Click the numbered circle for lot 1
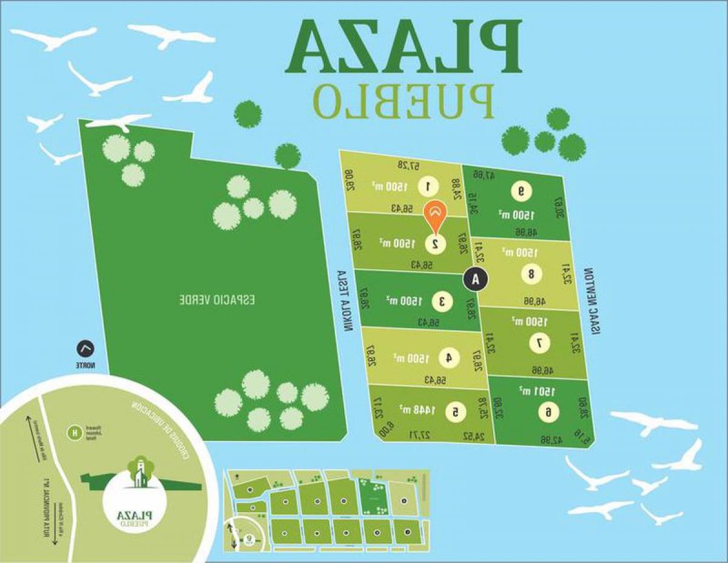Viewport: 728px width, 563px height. point(428,186)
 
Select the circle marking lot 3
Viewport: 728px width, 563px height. point(441,300)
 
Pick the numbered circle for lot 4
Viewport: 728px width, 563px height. point(448,358)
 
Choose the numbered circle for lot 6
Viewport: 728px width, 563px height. point(548,413)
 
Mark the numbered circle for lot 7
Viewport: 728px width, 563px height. point(539,343)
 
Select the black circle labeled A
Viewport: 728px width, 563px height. point(475,279)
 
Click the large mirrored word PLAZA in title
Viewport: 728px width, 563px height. point(404,47)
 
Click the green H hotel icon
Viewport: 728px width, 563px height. point(75,433)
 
